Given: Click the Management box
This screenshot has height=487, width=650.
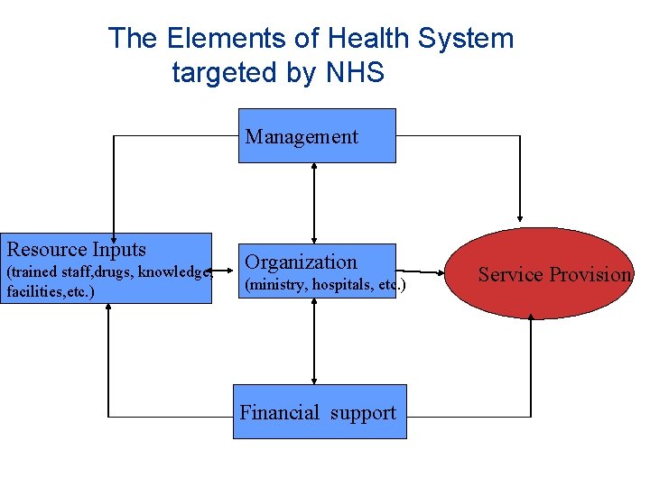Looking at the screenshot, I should [317, 135].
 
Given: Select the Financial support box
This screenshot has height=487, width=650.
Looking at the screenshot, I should [320, 412].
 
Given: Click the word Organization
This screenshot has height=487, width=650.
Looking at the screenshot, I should [302, 262].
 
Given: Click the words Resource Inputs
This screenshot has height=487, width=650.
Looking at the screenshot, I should [77, 249].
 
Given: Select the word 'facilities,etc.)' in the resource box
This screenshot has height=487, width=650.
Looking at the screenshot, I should [50, 292].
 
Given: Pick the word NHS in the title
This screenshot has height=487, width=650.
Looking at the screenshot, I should [350, 72].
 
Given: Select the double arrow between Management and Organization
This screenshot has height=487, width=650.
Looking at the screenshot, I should [313, 202].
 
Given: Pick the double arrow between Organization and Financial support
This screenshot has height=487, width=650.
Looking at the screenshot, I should [313, 341].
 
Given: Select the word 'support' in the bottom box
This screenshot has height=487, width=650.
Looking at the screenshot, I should [363, 413].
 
